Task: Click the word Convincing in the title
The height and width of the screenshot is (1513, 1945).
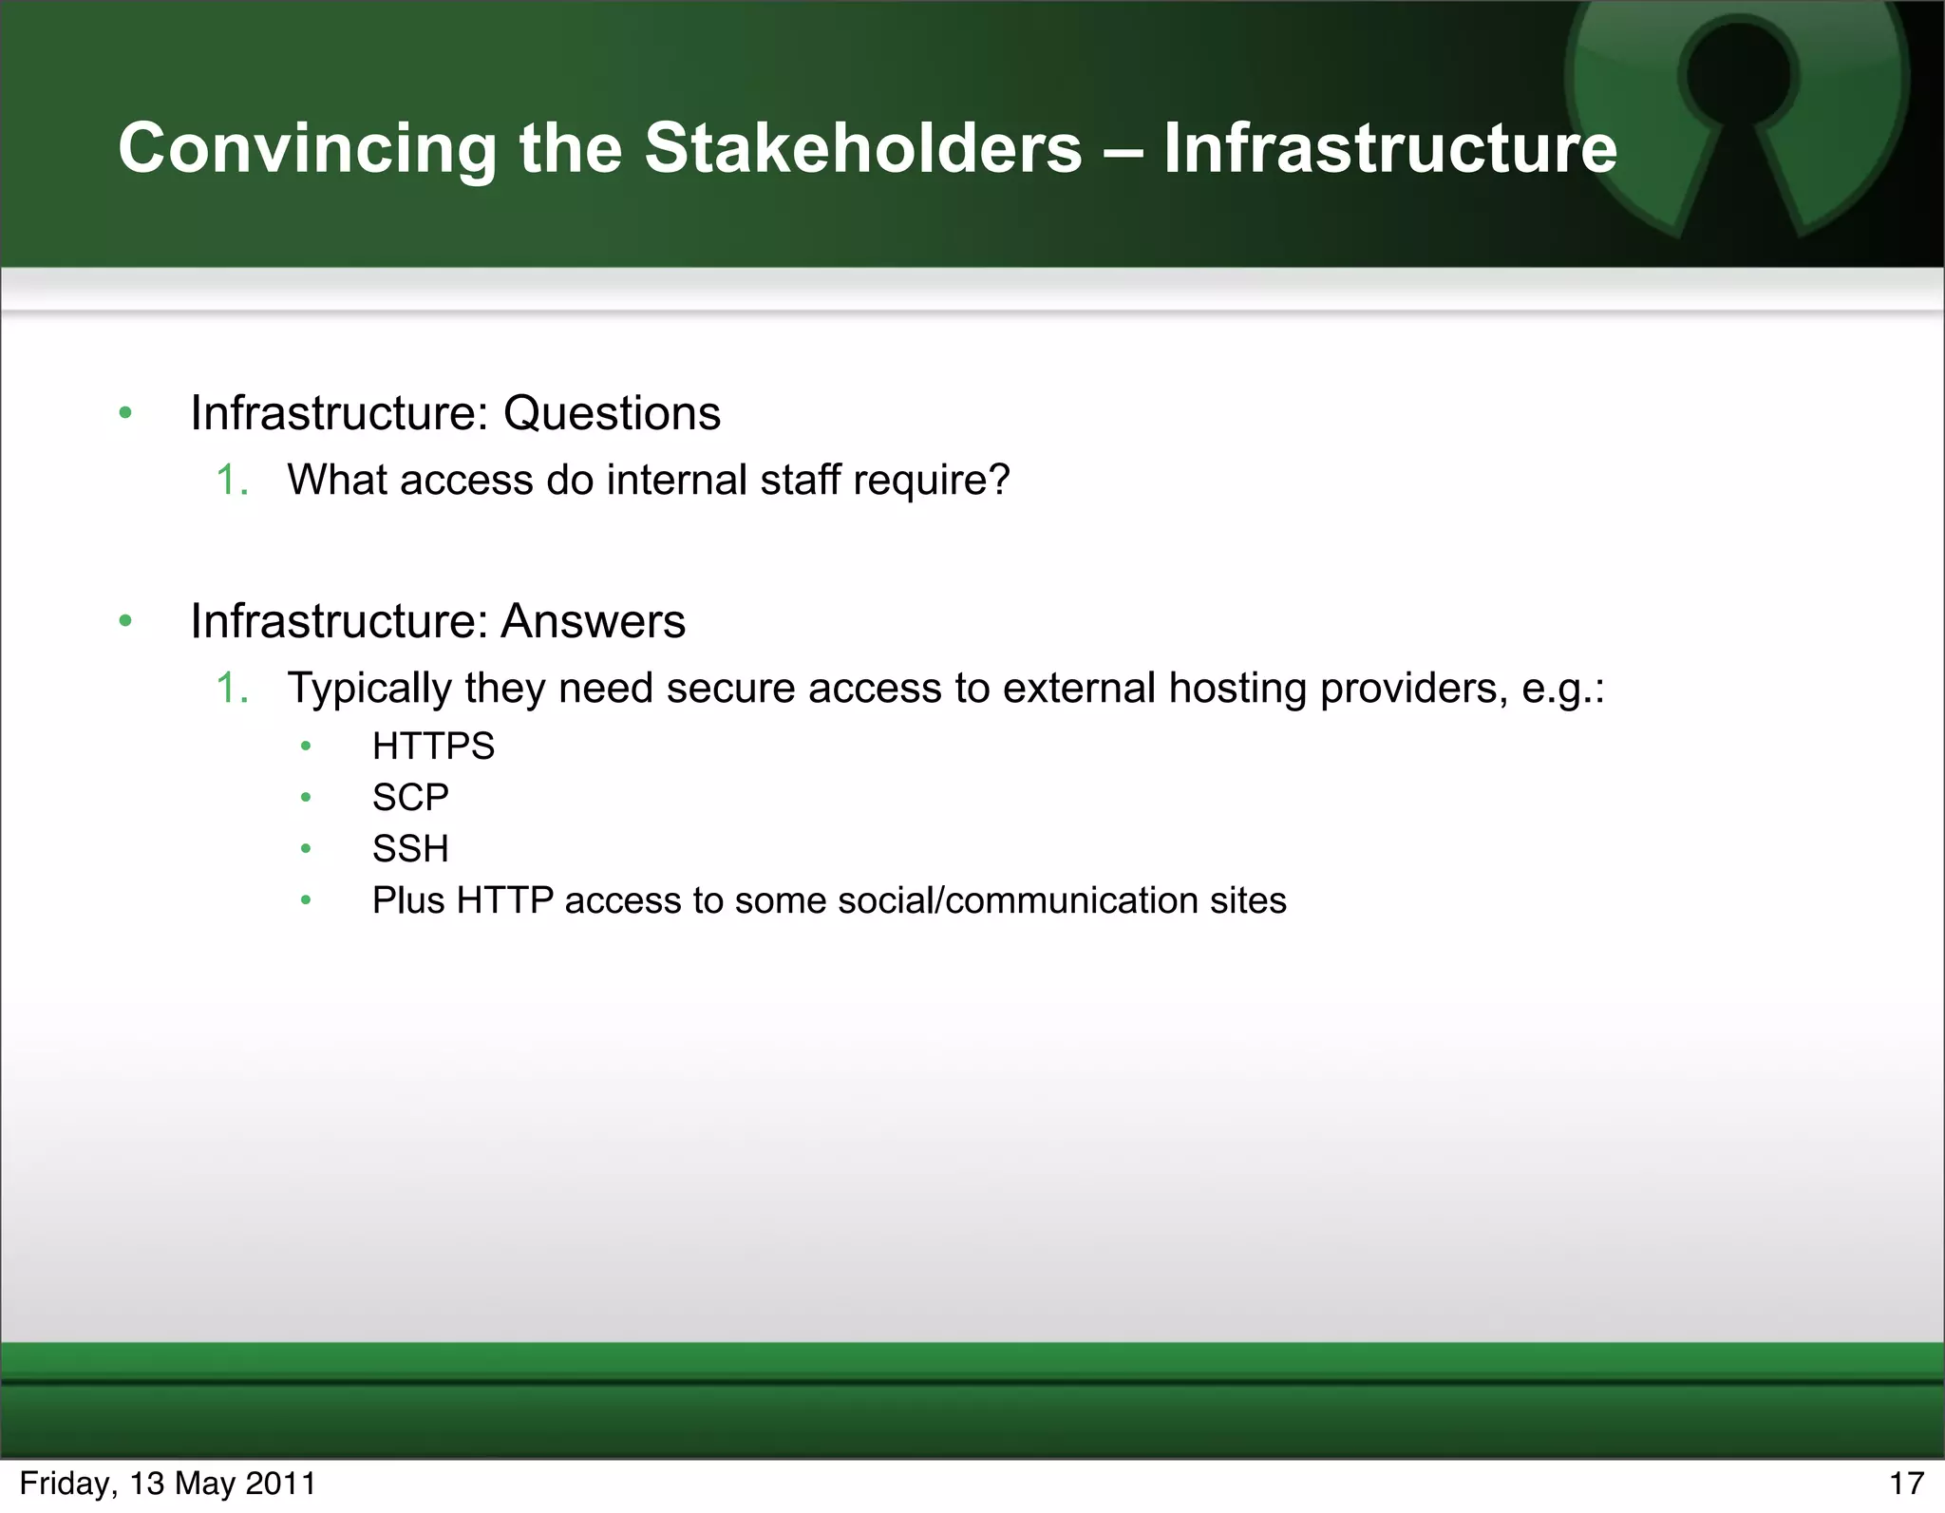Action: pos(307,149)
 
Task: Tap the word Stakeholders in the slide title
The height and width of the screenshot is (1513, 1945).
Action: pos(863,149)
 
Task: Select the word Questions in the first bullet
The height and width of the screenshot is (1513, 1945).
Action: pos(612,413)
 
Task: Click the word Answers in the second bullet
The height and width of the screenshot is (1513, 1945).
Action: pos(593,621)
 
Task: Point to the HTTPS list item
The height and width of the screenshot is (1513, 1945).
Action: pos(433,747)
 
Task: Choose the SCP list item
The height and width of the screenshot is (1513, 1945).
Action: pos(410,798)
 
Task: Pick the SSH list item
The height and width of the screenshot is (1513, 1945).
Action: pos(410,849)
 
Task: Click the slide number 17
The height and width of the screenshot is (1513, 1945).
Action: pos(1905,1484)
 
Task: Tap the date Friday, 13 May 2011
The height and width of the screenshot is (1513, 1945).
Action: pos(168,1484)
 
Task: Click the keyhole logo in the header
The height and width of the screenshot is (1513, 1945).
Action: pos(1736,104)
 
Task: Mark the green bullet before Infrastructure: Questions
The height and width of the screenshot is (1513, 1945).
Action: pos(125,413)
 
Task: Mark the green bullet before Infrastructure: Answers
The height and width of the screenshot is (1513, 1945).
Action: pos(125,621)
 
